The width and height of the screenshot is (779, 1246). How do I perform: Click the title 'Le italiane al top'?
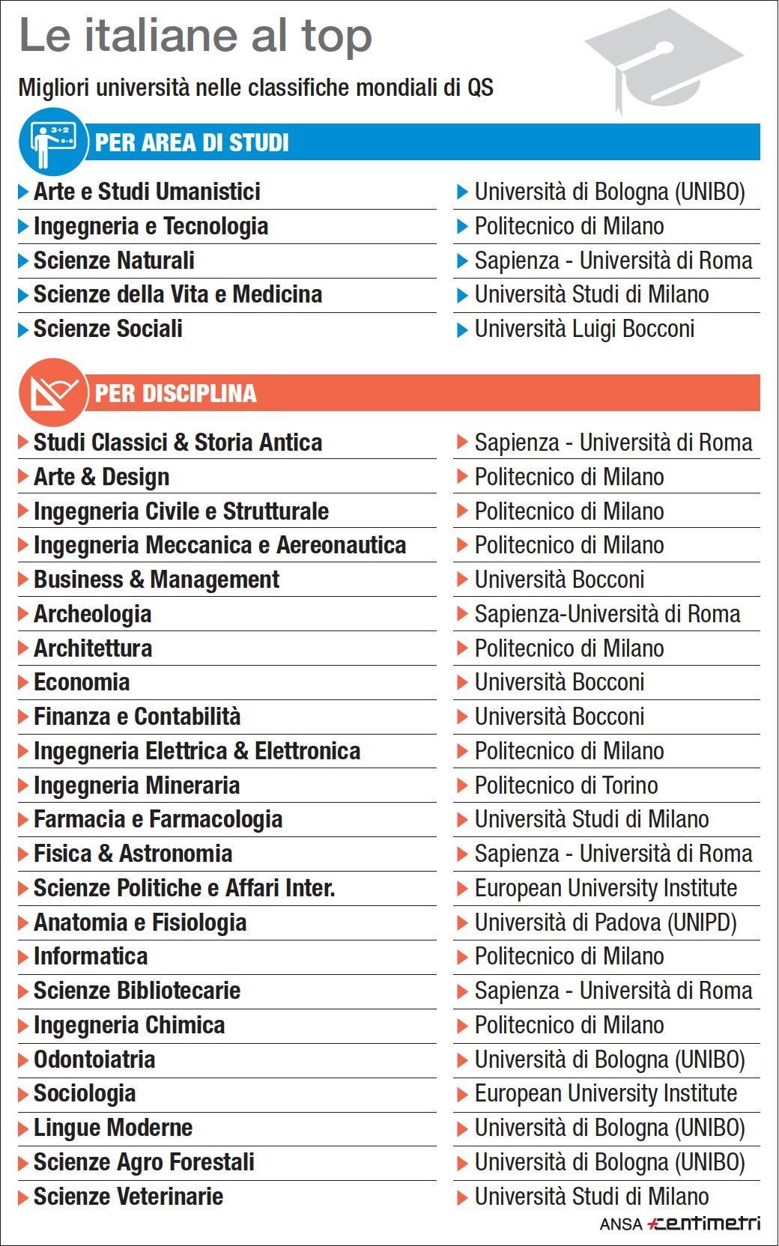coord(195,36)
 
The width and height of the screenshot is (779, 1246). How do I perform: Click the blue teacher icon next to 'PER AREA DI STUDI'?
coord(53,142)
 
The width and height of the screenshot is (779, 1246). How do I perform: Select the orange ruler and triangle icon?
coord(53,392)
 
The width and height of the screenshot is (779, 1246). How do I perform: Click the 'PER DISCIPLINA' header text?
coord(175,393)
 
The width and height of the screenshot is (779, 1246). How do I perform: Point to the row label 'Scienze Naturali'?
coord(114,261)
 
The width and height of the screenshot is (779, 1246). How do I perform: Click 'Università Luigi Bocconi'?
coord(584,329)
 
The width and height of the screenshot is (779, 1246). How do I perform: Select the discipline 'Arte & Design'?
coord(101,477)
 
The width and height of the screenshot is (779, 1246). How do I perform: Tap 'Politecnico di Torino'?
coord(566,785)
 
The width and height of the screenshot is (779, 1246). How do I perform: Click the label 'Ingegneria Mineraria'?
coord(136,785)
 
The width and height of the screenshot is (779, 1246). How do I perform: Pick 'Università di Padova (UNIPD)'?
coord(605,923)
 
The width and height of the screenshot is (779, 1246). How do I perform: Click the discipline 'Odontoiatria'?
coord(94,1060)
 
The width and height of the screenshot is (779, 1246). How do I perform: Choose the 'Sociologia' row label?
coord(85,1093)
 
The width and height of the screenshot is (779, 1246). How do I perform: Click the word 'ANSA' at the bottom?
coord(621,1225)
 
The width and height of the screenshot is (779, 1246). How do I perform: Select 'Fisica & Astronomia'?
coord(133,854)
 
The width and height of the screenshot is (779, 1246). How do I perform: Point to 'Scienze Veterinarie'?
coord(128,1197)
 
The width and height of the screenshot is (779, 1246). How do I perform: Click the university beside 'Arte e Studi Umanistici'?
coord(609,192)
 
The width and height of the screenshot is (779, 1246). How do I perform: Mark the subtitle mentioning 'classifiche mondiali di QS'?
coord(255,88)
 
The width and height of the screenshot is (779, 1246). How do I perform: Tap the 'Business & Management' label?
coord(156,580)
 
